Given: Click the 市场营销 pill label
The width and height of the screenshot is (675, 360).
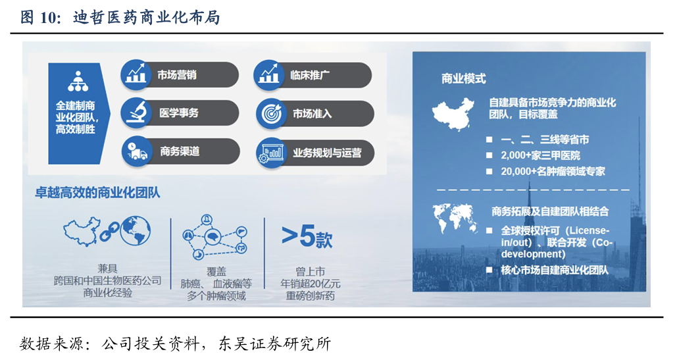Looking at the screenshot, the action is click(x=176, y=75).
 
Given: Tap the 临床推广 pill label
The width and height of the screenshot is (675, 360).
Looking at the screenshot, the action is click(x=310, y=76).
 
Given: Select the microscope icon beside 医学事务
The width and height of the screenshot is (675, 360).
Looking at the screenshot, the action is click(x=136, y=113).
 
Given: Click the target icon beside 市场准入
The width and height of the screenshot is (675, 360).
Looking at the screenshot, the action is click(x=272, y=114).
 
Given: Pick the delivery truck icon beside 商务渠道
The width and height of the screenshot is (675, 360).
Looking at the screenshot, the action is click(x=137, y=151).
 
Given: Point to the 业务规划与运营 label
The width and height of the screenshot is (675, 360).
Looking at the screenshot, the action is click(x=327, y=153).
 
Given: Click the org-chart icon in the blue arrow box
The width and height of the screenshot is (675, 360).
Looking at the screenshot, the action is click(x=78, y=82).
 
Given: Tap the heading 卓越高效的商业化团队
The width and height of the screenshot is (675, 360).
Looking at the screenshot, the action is click(x=97, y=192).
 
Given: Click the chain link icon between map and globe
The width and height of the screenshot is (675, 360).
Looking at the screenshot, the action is click(x=110, y=232).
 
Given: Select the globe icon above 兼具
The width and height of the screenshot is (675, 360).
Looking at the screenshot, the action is click(x=136, y=231).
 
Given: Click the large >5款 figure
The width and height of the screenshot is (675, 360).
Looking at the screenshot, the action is click(x=307, y=236).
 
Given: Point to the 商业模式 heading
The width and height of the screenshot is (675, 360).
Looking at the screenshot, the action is click(x=464, y=79).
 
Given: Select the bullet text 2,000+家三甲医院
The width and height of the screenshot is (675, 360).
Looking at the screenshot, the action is click(x=541, y=155).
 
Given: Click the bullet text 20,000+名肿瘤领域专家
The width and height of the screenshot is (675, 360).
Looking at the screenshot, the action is click(x=553, y=171).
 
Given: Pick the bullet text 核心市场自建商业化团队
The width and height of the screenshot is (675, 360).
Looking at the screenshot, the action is click(x=555, y=270).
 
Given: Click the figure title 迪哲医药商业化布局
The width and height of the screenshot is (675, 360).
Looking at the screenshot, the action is click(x=147, y=18).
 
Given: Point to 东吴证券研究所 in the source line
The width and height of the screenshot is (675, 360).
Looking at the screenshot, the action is click(x=274, y=344).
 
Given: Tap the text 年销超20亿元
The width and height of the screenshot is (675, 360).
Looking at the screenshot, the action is click(x=310, y=284).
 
